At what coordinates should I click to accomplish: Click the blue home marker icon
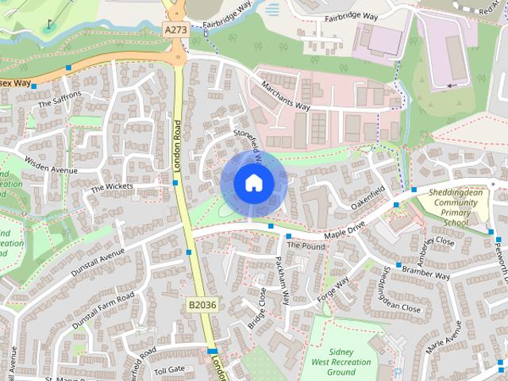click(x=252, y=183)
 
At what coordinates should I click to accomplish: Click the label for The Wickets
click(x=112, y=187)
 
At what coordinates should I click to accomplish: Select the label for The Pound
click(x=306, y=246)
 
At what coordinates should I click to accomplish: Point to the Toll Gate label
click(x=169, y=370)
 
